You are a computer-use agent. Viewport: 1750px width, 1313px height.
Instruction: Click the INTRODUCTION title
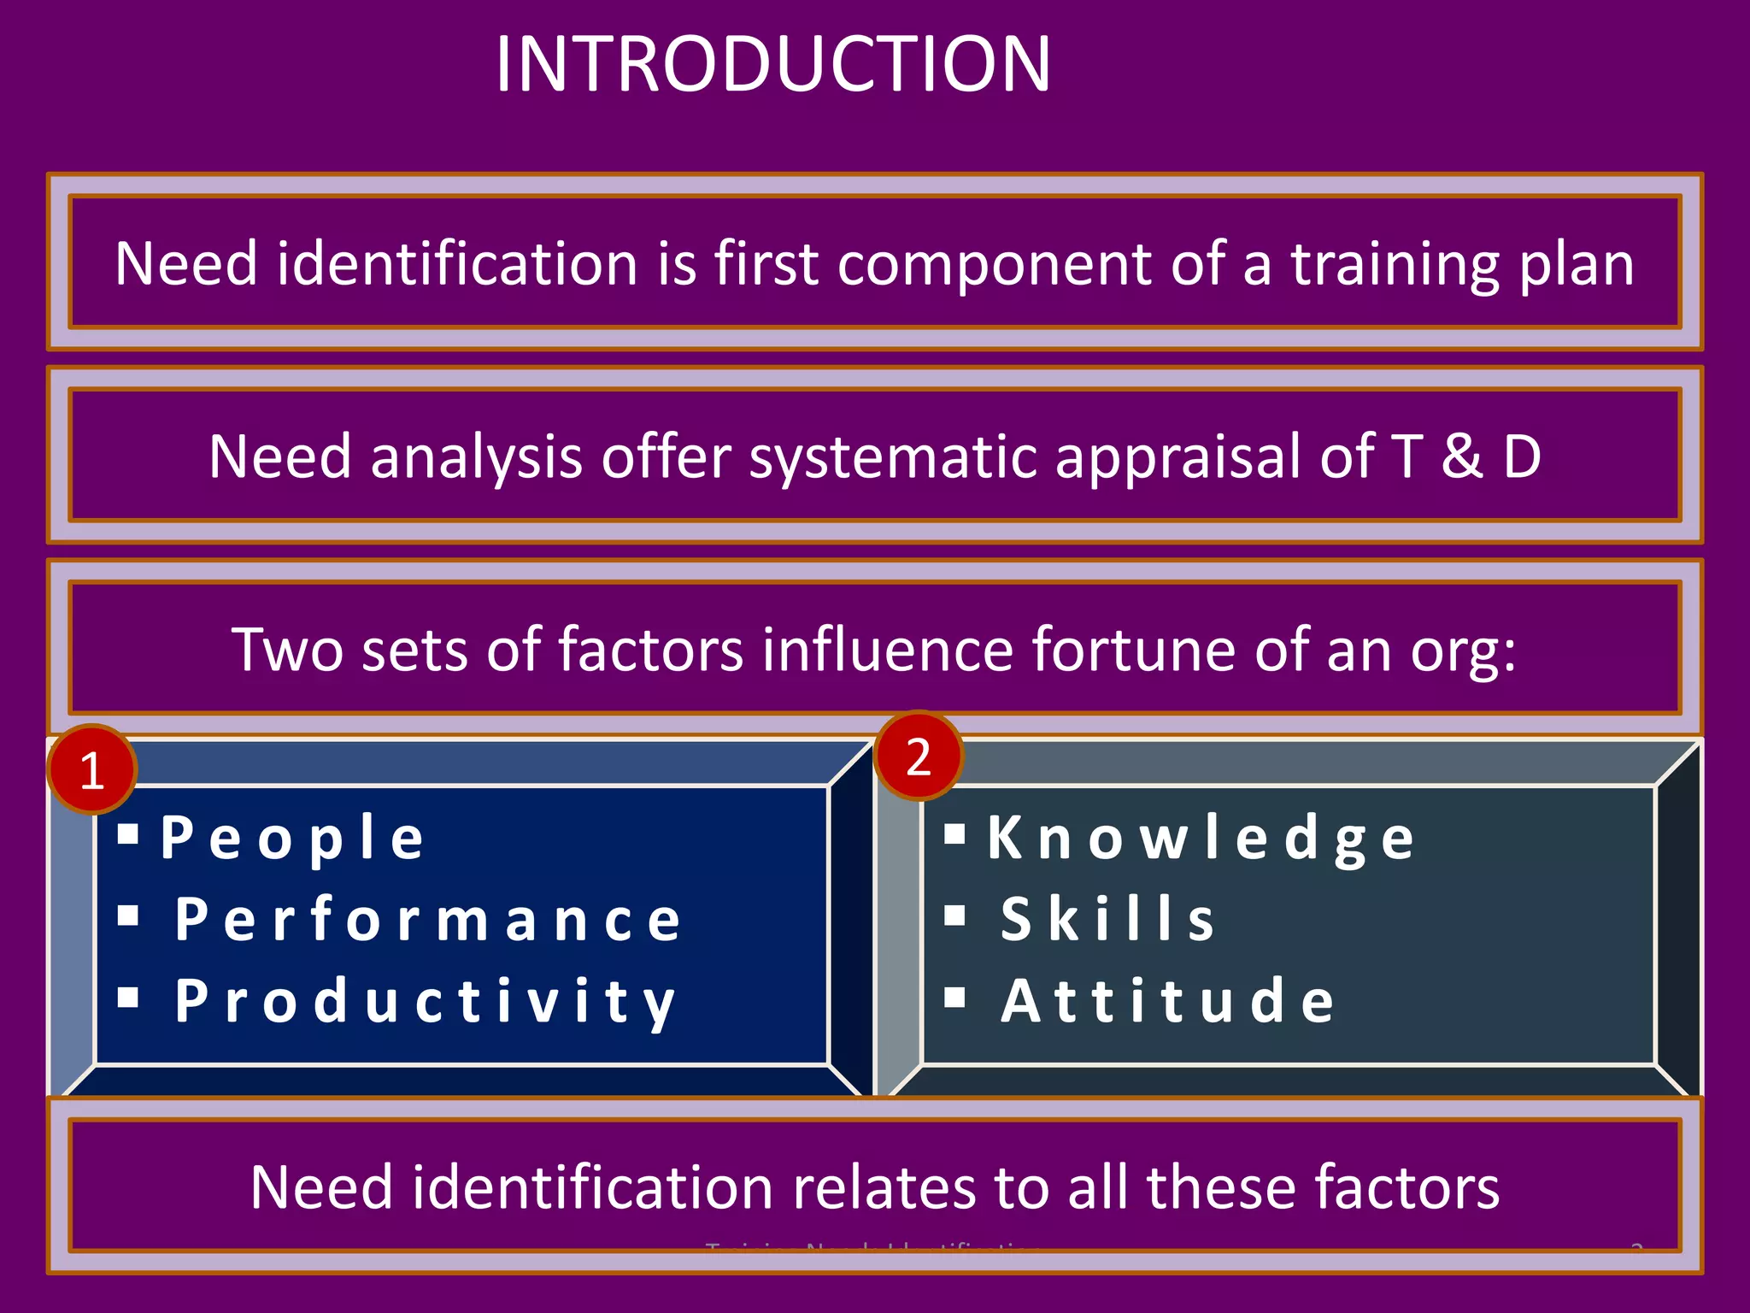click(772, 65)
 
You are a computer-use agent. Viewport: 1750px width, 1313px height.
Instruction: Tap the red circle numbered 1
click(92, 769)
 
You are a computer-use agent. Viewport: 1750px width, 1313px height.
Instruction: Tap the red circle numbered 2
click(919, 757)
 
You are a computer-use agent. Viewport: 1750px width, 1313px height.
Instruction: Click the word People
click(292, 838)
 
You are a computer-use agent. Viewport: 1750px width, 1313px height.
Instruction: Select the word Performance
click(428, 920)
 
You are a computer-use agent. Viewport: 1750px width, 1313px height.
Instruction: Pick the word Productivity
click(426, 1001)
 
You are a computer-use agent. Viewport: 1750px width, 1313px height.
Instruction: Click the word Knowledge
click(1201, 838)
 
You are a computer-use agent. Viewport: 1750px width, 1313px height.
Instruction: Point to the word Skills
click(1107, 920)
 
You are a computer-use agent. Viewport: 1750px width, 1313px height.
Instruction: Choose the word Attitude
click(1167, 1001)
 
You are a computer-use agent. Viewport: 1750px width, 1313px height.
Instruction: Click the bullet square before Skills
click(954, 916)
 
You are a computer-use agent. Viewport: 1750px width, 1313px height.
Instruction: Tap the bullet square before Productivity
click(128, 997)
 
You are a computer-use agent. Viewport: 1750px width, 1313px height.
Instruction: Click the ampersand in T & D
click(1462, 456)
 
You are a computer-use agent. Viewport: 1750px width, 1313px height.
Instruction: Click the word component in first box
click(995, 265)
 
